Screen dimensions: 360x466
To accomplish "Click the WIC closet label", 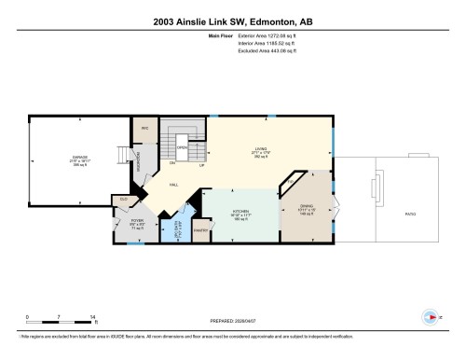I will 144,129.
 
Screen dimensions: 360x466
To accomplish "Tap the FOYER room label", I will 136,223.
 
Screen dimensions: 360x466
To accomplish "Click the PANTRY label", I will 199,229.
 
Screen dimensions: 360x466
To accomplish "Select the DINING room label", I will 306,210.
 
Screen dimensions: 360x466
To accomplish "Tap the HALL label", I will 173,186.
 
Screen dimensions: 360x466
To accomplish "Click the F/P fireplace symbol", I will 290,180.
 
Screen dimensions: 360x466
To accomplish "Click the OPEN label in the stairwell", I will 184,147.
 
